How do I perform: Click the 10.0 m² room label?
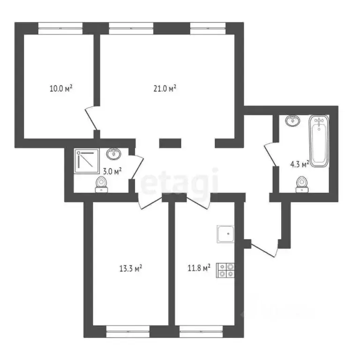pos(60,88)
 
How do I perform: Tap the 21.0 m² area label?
pos(165,88)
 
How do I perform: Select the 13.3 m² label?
pos(131,269)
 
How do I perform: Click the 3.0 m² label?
pos(112,171)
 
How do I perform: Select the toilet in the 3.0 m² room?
pos(102,185)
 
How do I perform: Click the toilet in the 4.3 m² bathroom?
pos(302,184)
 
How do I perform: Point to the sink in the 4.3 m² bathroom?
pos(293,121)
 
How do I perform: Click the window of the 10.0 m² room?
pos(60,27)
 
